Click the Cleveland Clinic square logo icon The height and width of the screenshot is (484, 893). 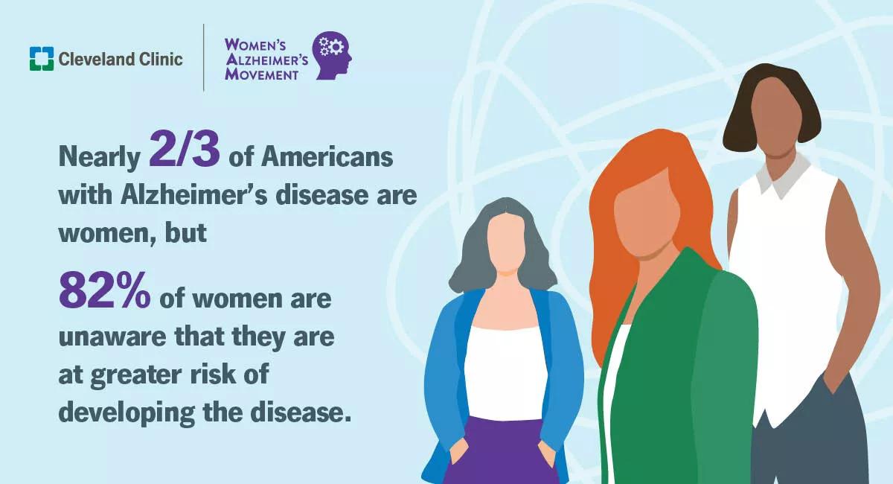[x=42, y=59]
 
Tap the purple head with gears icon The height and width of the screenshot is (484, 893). [x=332, y=55]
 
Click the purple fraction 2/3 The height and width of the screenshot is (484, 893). [x=185, y=150]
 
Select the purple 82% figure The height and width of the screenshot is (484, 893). [x=105, y=290]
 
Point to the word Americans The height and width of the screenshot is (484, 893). [x=327, y=156]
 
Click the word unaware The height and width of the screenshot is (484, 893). [x=112, y=337]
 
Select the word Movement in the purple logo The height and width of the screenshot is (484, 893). [x=261, y=74]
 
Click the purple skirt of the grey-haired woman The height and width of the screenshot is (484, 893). [x=503, y=451]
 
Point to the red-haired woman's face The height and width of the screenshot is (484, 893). [x=647, y=215]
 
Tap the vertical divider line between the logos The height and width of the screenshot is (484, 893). [x=204, y=57]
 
